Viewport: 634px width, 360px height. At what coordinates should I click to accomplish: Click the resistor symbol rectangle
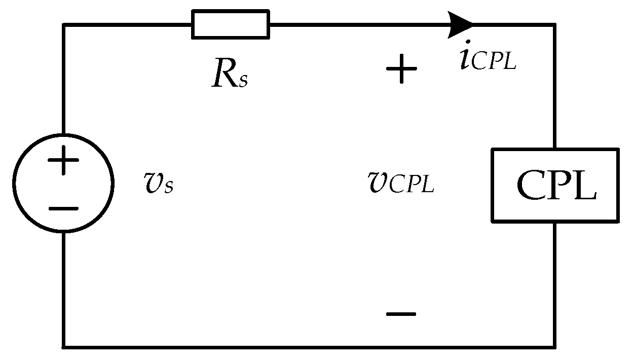[231, 24]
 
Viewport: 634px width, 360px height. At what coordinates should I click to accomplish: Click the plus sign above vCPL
[401, 69]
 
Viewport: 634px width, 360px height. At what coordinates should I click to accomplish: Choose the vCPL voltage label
[400, 182]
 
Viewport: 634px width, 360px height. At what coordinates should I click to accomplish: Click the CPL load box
[555, 185]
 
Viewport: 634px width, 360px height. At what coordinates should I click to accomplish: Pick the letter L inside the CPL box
[585, 185]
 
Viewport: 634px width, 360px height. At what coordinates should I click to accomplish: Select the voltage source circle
[63, 184]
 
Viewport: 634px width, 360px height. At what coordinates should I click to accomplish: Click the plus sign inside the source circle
[63, 162]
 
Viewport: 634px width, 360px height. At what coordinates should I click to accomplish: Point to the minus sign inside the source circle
[63, 208]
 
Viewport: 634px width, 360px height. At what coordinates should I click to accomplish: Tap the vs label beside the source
[159, 183]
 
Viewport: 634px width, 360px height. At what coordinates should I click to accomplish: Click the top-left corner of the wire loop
[64, 24]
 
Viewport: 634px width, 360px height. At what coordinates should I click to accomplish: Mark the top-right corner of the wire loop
[555, 24]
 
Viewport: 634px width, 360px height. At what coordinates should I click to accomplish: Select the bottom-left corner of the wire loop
[64, 347]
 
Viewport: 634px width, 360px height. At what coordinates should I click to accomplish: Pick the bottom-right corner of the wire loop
[555, 347]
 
